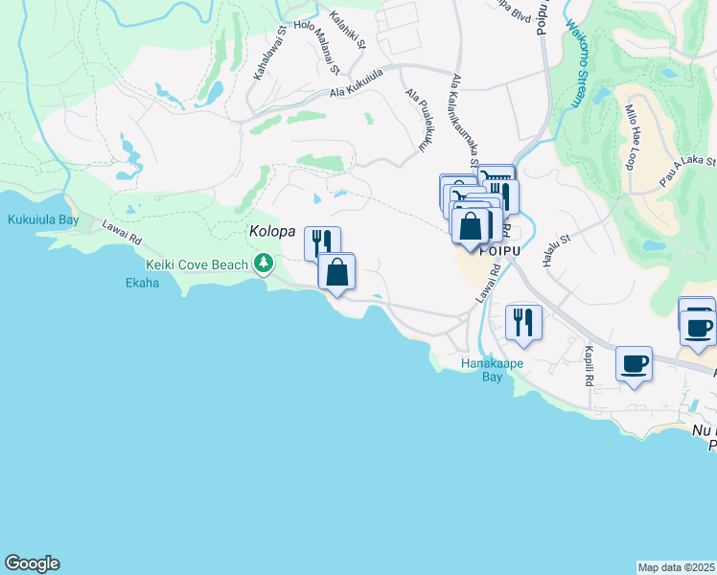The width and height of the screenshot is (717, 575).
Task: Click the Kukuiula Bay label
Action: tap(43, 219)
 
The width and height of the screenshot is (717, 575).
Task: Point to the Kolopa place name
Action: tap(272, 232)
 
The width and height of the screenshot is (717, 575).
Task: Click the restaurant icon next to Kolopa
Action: tap(322, 241)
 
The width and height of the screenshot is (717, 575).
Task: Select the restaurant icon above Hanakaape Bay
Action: tap(523, 321)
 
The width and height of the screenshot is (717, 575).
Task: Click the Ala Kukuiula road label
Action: tap(357, 82)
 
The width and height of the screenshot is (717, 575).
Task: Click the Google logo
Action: tap(32, 563)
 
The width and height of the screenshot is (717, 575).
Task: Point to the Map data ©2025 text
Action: tap(677, 567)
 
